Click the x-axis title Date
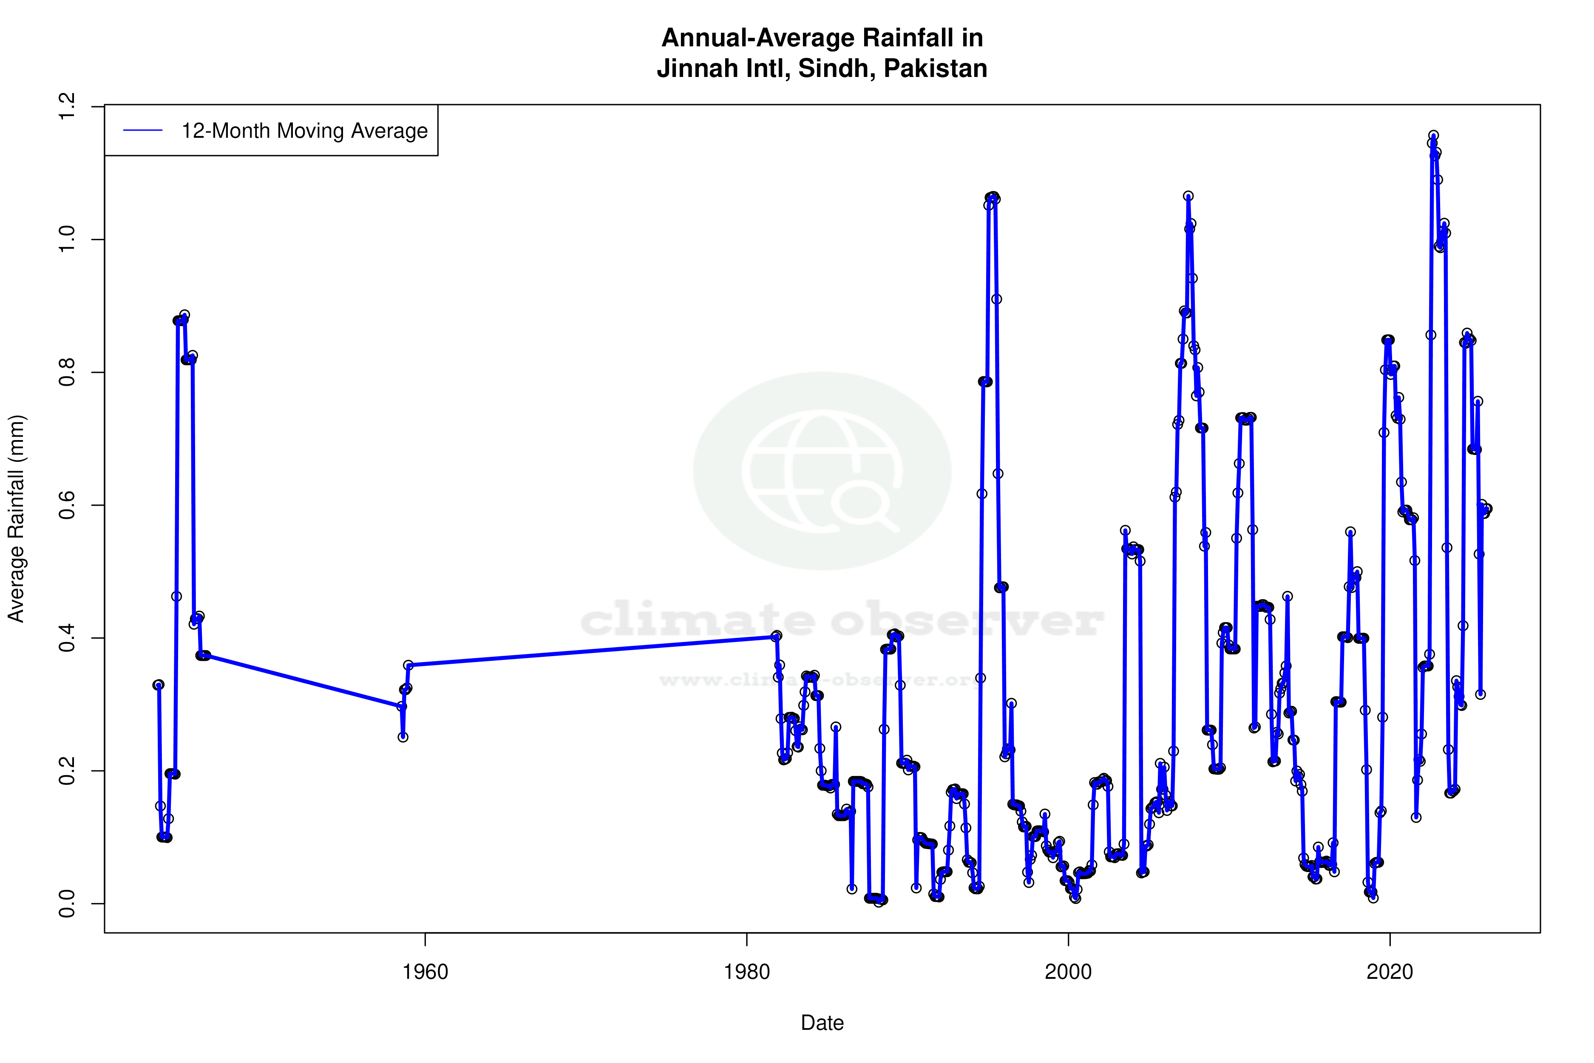[822, 1023]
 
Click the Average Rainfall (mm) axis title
[16, 519]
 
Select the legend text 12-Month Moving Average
[304, 131]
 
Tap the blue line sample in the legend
[143, 131]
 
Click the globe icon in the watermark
[822, 471]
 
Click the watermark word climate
[698, 620]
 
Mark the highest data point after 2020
[1433, 136]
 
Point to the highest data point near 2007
[1188, 196]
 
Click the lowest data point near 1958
[403, 737]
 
